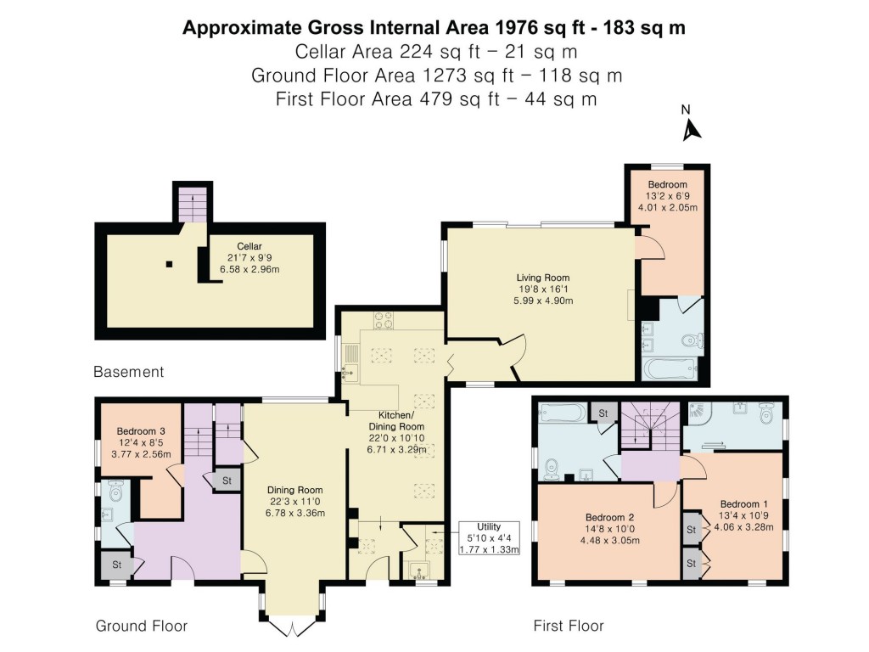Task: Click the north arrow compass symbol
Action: tap(692, 127)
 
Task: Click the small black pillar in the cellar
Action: tap(169, 264)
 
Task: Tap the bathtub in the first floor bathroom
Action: tap(561, 413)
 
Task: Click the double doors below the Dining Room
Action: tap(293, 627)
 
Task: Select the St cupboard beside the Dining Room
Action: tap(227, 481)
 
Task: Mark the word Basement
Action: tap(128, 372)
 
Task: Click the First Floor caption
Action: tap(568, 626)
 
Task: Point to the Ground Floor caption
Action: tap(141, 626)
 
